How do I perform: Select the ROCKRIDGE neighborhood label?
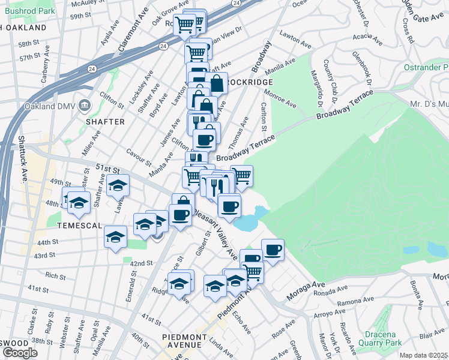point(251,82)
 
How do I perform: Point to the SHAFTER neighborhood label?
point(105,122)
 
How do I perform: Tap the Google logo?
point(20,353)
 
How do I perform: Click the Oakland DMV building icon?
point(84,106)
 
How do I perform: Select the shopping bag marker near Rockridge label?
point(217,84)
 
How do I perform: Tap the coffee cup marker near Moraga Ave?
point(273,249)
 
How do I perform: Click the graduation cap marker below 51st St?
point(118,185)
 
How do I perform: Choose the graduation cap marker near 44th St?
point(115,236)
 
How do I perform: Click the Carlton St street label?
point(264,115)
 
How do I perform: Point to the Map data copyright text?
point(423,355)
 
